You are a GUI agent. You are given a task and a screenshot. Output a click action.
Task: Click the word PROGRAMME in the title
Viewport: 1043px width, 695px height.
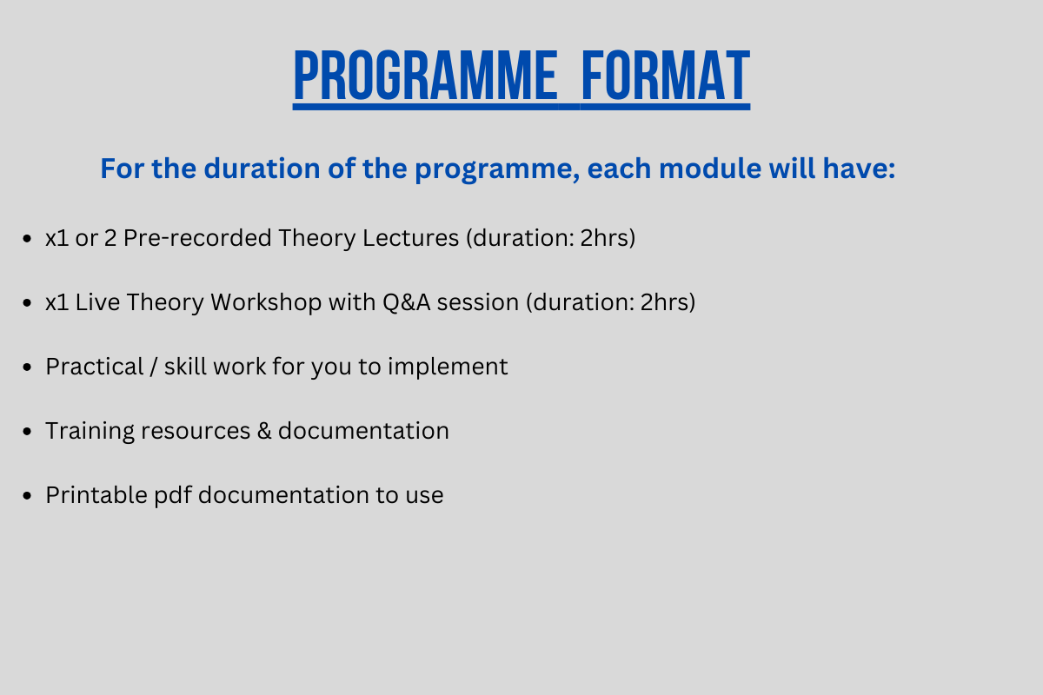[426, 76]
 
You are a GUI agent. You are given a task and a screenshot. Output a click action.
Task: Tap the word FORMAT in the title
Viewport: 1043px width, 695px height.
[666, 76]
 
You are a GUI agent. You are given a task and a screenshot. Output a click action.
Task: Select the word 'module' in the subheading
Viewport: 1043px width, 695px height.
[710, 168]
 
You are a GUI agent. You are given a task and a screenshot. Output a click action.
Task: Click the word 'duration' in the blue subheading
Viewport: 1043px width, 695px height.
[262, 168]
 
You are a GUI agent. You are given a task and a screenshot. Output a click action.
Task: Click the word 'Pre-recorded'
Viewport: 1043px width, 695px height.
[197, 238]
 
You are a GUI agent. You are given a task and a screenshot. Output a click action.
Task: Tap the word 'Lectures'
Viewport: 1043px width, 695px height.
[410, 238]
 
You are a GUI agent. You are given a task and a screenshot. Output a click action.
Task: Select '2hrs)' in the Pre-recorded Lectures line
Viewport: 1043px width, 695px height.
[608, 238]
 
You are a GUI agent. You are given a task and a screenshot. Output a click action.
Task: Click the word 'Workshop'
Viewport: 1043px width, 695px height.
[266, 302]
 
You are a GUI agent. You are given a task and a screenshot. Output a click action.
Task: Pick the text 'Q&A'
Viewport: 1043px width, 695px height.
[407, 302]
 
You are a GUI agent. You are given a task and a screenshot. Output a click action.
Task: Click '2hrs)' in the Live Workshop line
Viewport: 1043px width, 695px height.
[668, 302]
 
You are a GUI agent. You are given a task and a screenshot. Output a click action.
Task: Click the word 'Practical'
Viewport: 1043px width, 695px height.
[95, 367]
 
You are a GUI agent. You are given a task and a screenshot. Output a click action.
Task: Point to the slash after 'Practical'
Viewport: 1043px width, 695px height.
[154, 367]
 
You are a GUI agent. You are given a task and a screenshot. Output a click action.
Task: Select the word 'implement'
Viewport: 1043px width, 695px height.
[448, 367]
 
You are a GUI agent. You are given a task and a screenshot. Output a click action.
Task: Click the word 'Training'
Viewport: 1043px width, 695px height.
[90, 431]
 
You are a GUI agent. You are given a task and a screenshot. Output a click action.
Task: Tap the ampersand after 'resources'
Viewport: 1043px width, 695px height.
[264, 431]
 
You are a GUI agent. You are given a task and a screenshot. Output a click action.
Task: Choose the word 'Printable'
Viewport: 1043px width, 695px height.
[96, 495]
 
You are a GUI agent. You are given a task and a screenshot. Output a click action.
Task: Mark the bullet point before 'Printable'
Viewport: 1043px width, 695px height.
[27, 495]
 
